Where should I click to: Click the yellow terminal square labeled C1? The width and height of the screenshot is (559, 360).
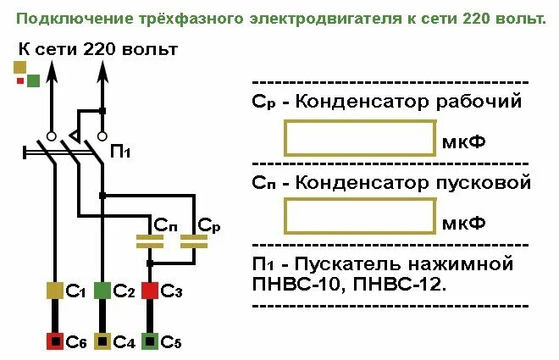(55, 291)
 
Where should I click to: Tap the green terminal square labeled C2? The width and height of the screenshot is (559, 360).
(102, 291)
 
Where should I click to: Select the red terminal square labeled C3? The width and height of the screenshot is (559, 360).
(150, 291)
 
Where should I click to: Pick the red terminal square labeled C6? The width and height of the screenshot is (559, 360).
(55, 341)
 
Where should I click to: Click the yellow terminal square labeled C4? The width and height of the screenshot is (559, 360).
(102, 341)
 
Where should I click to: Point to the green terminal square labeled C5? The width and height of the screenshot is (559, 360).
(150, 341)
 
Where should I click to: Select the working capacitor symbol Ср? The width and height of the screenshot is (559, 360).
(194, 241)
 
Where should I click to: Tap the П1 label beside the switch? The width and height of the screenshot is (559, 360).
(121, 152)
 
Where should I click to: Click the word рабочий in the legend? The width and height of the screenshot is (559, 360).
(481, 102)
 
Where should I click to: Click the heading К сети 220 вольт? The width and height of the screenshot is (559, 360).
(97, 49)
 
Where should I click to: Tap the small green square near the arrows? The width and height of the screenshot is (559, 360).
(33, 80)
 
